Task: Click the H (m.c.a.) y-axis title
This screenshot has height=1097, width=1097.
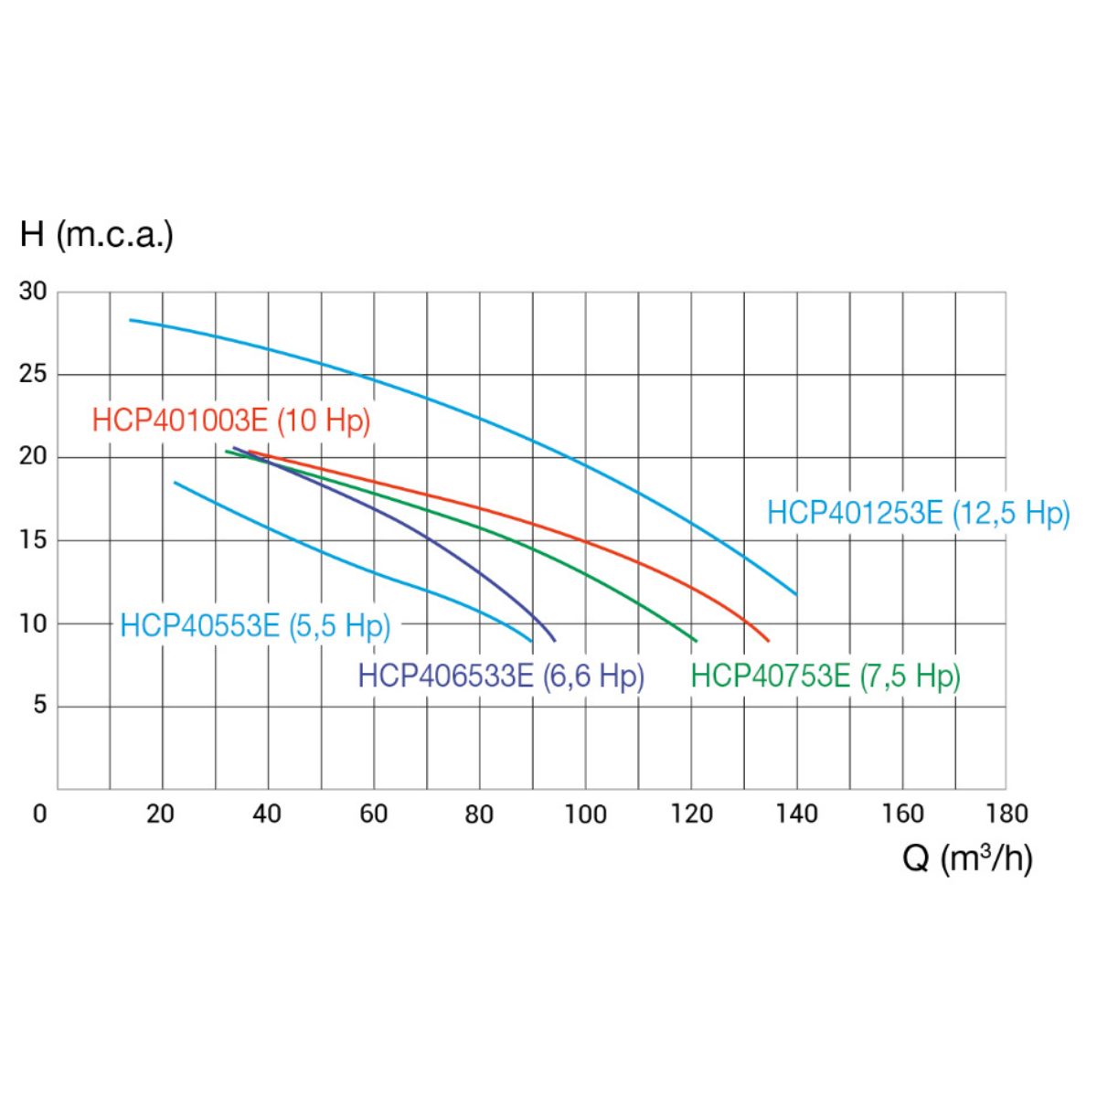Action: point(96,235)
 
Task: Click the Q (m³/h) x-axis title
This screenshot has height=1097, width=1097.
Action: point(967,857)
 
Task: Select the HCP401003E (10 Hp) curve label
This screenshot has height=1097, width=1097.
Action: point(231,421)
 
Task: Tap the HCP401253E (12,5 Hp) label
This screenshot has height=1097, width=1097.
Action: point(918,513)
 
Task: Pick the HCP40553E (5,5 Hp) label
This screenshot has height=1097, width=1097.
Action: point(255,626)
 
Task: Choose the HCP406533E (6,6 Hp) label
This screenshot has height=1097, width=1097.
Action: point(501,676)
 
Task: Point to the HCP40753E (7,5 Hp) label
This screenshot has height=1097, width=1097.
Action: point(825,676)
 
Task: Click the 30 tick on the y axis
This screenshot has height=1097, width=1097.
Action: point(33,292)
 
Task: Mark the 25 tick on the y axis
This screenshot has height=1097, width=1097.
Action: point(33,375)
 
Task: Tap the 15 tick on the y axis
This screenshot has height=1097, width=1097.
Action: point(33,540)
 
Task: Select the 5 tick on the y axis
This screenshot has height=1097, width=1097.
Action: point(38,706)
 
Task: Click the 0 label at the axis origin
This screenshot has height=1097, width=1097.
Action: point(39,814)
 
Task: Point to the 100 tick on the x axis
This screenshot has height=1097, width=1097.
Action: point(585,814)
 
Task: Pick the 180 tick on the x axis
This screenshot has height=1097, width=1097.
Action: point(1007,814)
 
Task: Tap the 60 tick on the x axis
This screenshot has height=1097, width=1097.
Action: point(373,814)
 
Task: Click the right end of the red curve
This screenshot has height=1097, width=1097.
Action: point(769,641)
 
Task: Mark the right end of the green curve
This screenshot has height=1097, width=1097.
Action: point(696,641)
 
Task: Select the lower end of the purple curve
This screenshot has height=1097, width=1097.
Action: point(555,641)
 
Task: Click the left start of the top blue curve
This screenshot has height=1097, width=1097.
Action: point(131,320)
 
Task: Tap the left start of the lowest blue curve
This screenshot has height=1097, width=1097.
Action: point(175,482)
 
